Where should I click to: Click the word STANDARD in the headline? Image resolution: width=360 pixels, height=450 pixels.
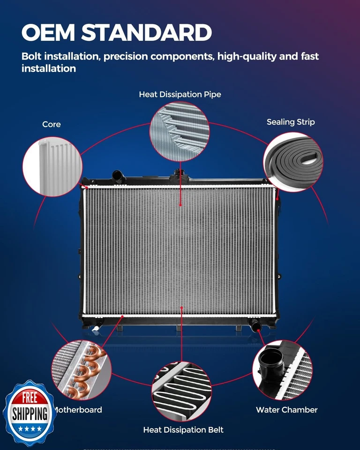click(x=146, y=33)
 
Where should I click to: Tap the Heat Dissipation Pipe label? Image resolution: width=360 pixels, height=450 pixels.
click(x=180, y=95)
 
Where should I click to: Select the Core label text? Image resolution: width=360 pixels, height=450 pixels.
click(x=52, y=124)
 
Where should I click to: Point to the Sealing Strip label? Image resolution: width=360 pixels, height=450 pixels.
click(x=291, y=122)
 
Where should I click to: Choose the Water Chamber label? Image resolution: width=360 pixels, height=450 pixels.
click(x=286, y=410)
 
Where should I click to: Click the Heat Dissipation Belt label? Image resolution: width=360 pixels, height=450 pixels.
click(x=183, y=430)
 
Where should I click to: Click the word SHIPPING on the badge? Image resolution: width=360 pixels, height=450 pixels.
click(x=30, y=414)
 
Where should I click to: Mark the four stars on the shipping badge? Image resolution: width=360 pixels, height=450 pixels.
click(x=30, y=429)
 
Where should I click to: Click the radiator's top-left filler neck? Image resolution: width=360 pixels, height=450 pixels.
click(x=117, y=177)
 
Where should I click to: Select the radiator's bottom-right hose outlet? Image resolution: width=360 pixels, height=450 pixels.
click(x=256, y=325)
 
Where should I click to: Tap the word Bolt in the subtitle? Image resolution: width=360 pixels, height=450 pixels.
click(x=31, y=57)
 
